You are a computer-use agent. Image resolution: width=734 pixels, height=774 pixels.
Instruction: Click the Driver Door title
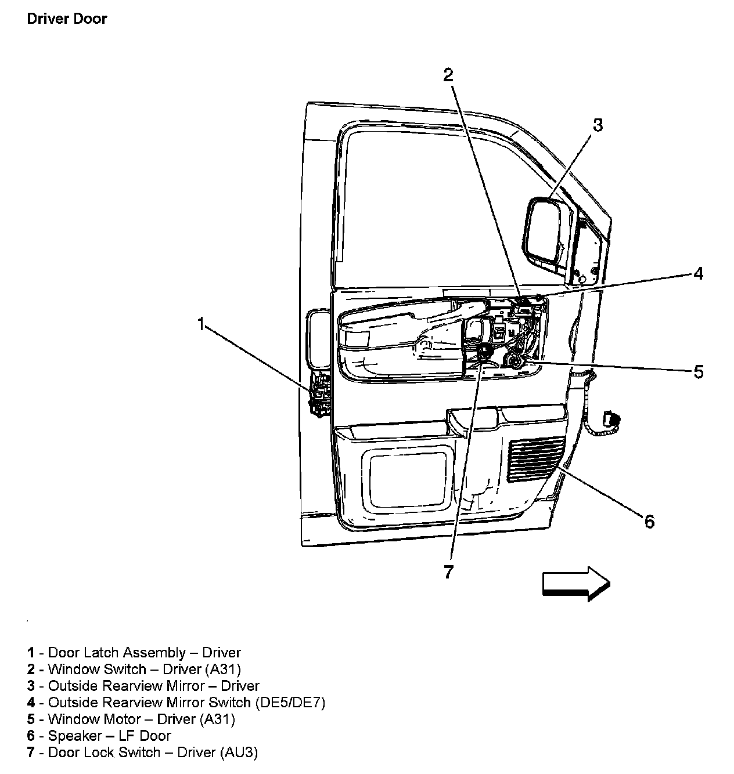coord(67,19)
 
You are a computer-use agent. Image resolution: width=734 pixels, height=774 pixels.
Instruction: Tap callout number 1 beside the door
coord(201,324)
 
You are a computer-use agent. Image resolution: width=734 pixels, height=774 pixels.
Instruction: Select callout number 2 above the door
coord(448,75)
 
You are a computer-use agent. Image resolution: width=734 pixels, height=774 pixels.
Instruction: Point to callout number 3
coord(598,125)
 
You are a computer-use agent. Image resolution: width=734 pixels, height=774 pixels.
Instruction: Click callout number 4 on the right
coord(698,273)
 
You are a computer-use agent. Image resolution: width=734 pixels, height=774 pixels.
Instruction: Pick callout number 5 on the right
coord(699,371)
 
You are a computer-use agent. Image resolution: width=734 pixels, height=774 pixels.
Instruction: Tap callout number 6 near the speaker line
coord(649,521)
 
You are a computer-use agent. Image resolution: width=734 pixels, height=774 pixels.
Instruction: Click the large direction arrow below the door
coord(577,584)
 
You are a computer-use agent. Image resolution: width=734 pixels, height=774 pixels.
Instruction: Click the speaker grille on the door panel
coord(537,459)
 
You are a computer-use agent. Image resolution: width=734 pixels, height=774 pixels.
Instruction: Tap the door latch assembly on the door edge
coord(321,395)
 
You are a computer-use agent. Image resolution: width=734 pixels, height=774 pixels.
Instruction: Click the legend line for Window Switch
coord(134,669)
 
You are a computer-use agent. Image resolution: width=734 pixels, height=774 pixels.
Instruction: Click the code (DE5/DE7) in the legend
coord(290,703)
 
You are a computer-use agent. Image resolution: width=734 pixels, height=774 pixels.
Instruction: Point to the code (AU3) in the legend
coord(239,753)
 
